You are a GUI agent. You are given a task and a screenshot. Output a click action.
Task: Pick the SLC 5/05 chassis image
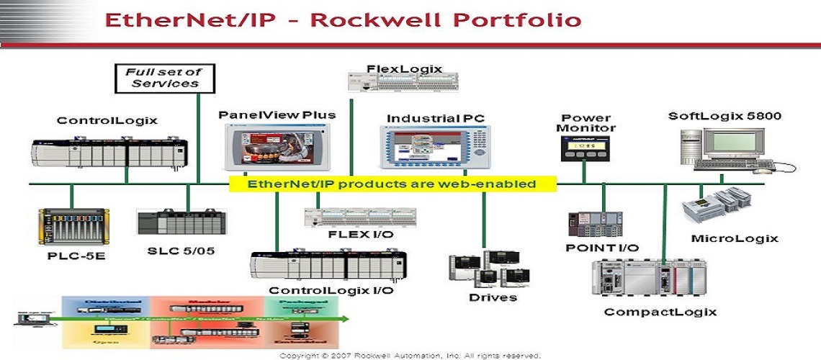[x=185, y=223]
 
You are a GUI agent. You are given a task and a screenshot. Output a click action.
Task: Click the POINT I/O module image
[x=595, y=225]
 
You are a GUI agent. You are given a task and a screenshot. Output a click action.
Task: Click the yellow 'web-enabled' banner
[x=392, y=184]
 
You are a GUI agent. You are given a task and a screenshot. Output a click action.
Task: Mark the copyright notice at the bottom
[x=410, y=355]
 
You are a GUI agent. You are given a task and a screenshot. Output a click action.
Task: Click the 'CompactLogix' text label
[x=660, y=312]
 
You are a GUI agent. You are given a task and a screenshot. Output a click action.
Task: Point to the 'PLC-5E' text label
[x=71, y=256]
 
